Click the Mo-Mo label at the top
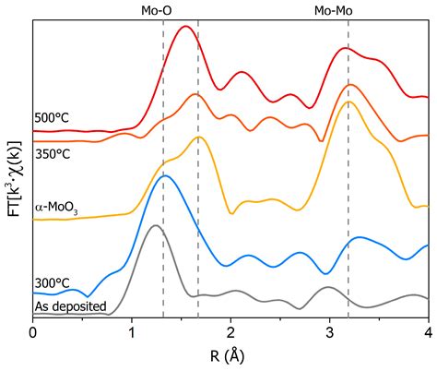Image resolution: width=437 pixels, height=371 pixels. (331, 10)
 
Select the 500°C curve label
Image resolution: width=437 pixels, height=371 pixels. (52, 118)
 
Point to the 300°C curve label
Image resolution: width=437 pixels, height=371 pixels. (52, 283)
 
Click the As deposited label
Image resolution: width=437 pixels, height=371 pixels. (70, 306)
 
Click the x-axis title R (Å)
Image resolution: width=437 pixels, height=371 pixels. (230, 354)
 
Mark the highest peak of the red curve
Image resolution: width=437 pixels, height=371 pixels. (186, 27)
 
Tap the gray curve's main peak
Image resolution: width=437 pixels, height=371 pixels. (155, 225)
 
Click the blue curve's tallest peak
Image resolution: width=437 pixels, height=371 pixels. (165, 175)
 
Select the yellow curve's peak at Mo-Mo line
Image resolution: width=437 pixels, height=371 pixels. (348, 102)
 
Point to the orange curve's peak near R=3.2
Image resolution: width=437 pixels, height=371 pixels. (348, 85)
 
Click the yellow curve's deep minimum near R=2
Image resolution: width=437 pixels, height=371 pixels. (231, 212)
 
